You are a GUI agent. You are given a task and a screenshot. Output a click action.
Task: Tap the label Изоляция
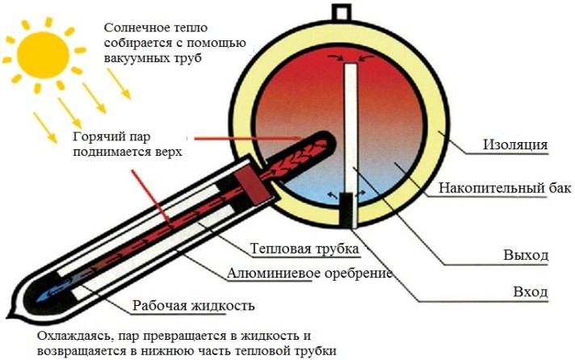516,145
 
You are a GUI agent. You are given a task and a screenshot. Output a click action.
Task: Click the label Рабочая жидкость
193,307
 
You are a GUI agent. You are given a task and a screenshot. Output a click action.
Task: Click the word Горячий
102,136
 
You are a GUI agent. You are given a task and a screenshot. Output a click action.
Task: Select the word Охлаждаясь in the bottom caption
77,336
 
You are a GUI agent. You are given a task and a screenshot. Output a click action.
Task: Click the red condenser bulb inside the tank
282,153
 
